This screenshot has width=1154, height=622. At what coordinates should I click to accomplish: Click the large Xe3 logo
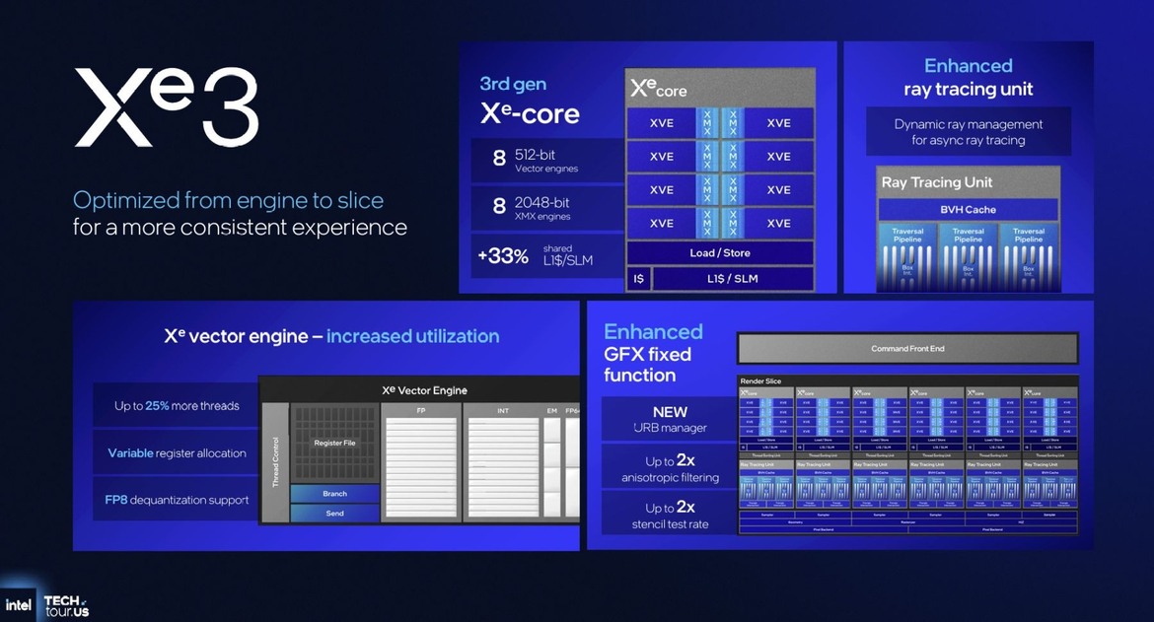click(167, 106)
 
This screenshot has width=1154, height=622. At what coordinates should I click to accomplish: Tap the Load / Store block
click(720, 253)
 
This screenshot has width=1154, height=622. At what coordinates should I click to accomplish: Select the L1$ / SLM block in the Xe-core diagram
click(732, 279)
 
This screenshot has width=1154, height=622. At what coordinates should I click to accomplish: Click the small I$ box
click(638, 279)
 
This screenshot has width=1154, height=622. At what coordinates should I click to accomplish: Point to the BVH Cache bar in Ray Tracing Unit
click(968, 210)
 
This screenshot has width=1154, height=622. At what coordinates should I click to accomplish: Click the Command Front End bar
click(907, 349)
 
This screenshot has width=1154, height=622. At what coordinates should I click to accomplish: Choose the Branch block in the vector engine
click(334, 493)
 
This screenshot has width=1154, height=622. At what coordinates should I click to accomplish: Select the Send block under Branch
click(334, 514)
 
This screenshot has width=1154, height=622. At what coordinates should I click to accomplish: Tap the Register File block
click(334, 444)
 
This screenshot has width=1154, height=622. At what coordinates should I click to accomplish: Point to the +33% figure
click(503, 256)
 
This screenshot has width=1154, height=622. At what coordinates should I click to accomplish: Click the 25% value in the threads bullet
click(158, 406)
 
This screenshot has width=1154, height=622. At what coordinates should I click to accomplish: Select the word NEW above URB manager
click(670, 412)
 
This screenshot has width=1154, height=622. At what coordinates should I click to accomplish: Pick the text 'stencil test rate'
click(671, 524)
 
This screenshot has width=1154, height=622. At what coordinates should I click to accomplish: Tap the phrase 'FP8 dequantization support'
click(177, 500)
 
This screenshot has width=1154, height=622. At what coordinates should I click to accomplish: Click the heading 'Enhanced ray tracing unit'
click(968, 77)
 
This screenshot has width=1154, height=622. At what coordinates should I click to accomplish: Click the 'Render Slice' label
click(760, 381)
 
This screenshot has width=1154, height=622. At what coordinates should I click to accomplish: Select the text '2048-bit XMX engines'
click(542, 209)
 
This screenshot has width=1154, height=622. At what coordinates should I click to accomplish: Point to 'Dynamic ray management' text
click(968, 124)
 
